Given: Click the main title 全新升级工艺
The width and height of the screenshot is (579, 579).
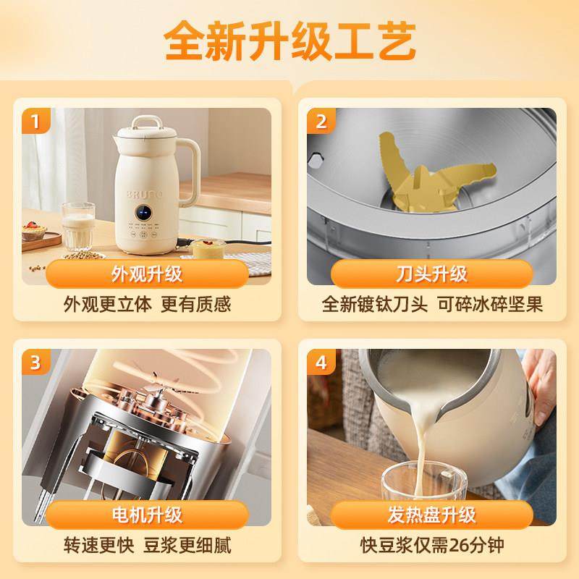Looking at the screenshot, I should click(289, 44).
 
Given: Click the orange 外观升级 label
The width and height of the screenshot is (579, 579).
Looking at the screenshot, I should click(147, 274).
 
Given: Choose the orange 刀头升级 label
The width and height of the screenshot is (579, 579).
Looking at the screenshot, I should click(433, 274).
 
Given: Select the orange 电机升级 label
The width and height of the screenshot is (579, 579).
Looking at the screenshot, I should click(147, 515).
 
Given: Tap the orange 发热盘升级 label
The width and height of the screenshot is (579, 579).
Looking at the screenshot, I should click(433, 515).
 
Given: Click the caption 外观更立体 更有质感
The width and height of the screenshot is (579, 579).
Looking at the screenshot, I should click(147, 304).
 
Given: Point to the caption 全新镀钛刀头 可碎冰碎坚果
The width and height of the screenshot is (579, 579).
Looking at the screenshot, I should click(433, 304).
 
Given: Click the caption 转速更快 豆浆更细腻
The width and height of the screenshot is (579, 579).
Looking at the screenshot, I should click(147, 545).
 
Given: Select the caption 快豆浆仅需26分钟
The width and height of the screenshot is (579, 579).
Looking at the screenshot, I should click(433, 545).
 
